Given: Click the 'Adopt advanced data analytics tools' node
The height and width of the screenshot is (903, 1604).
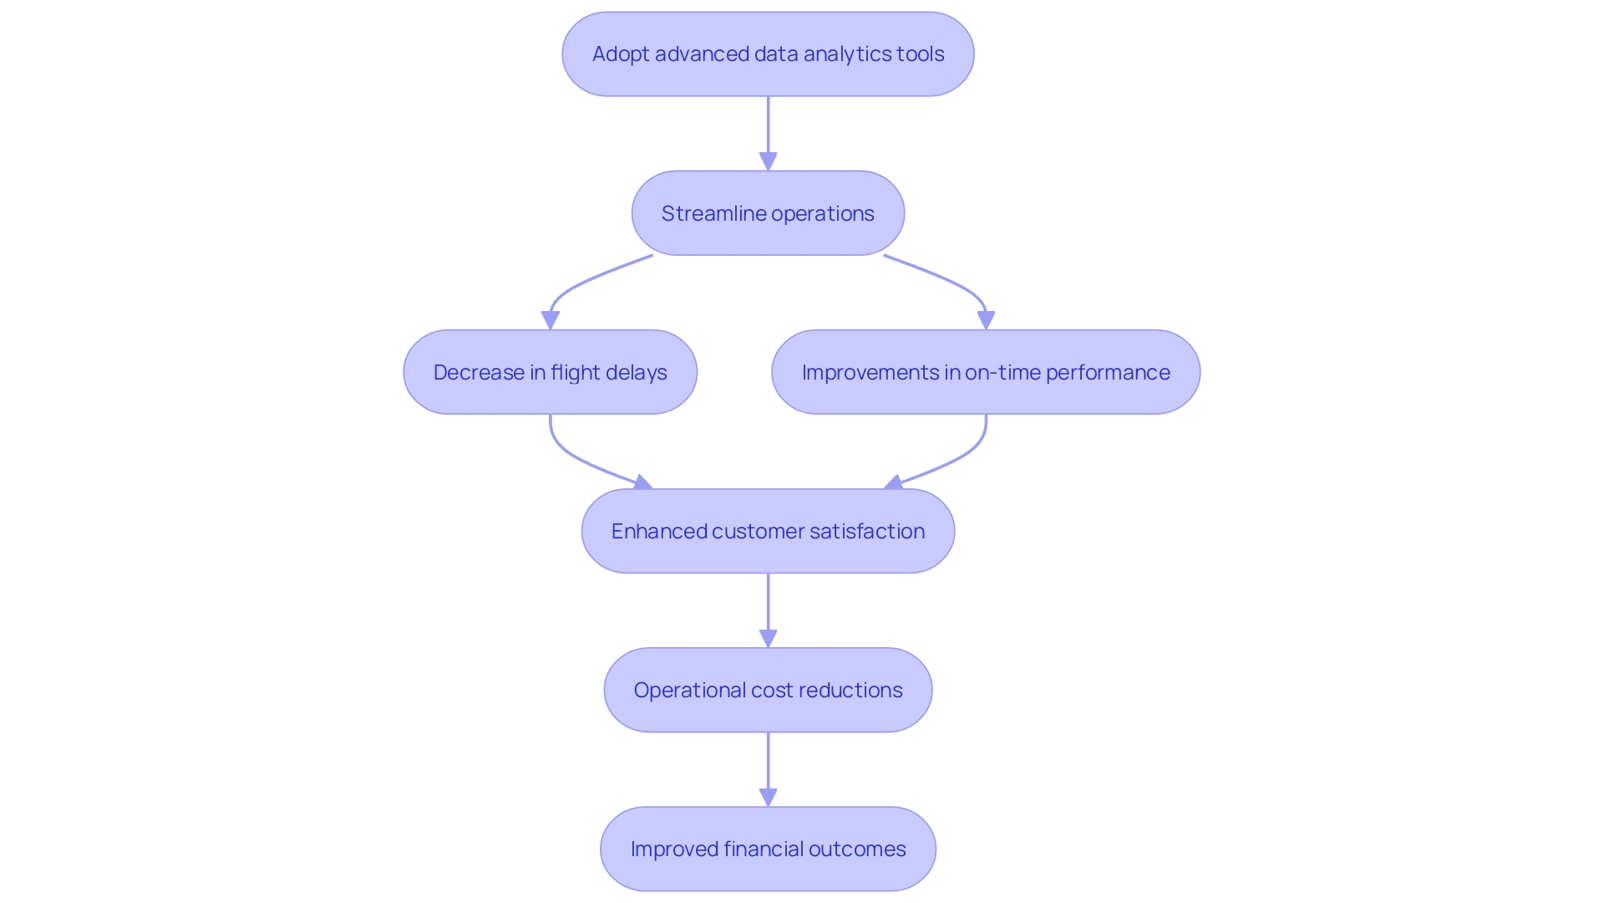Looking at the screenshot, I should [768, 54].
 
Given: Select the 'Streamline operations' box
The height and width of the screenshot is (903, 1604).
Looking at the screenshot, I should [768, 213].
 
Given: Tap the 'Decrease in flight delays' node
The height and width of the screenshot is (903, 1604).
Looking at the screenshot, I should [550, 372].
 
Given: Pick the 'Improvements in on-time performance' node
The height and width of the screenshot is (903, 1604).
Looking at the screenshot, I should [986, 372].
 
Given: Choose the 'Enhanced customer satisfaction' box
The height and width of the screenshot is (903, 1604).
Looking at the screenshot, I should [768, 531].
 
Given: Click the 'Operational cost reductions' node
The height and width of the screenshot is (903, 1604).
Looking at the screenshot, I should [768, 690].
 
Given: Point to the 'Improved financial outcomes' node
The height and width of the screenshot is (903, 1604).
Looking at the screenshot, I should [768, 849].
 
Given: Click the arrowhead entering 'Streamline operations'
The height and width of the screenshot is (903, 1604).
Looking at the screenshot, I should [768, 161].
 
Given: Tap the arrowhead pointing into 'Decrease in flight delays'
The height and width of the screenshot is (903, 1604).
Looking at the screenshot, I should [550, 320].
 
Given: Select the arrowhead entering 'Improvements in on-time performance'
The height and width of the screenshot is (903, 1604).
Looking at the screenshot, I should [986, 320].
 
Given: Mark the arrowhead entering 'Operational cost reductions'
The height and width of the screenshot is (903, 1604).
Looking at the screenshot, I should [768, 638].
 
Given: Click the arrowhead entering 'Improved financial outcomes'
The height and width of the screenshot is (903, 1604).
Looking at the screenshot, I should [768, 797].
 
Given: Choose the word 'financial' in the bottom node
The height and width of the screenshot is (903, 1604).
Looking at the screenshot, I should [762, 849].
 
